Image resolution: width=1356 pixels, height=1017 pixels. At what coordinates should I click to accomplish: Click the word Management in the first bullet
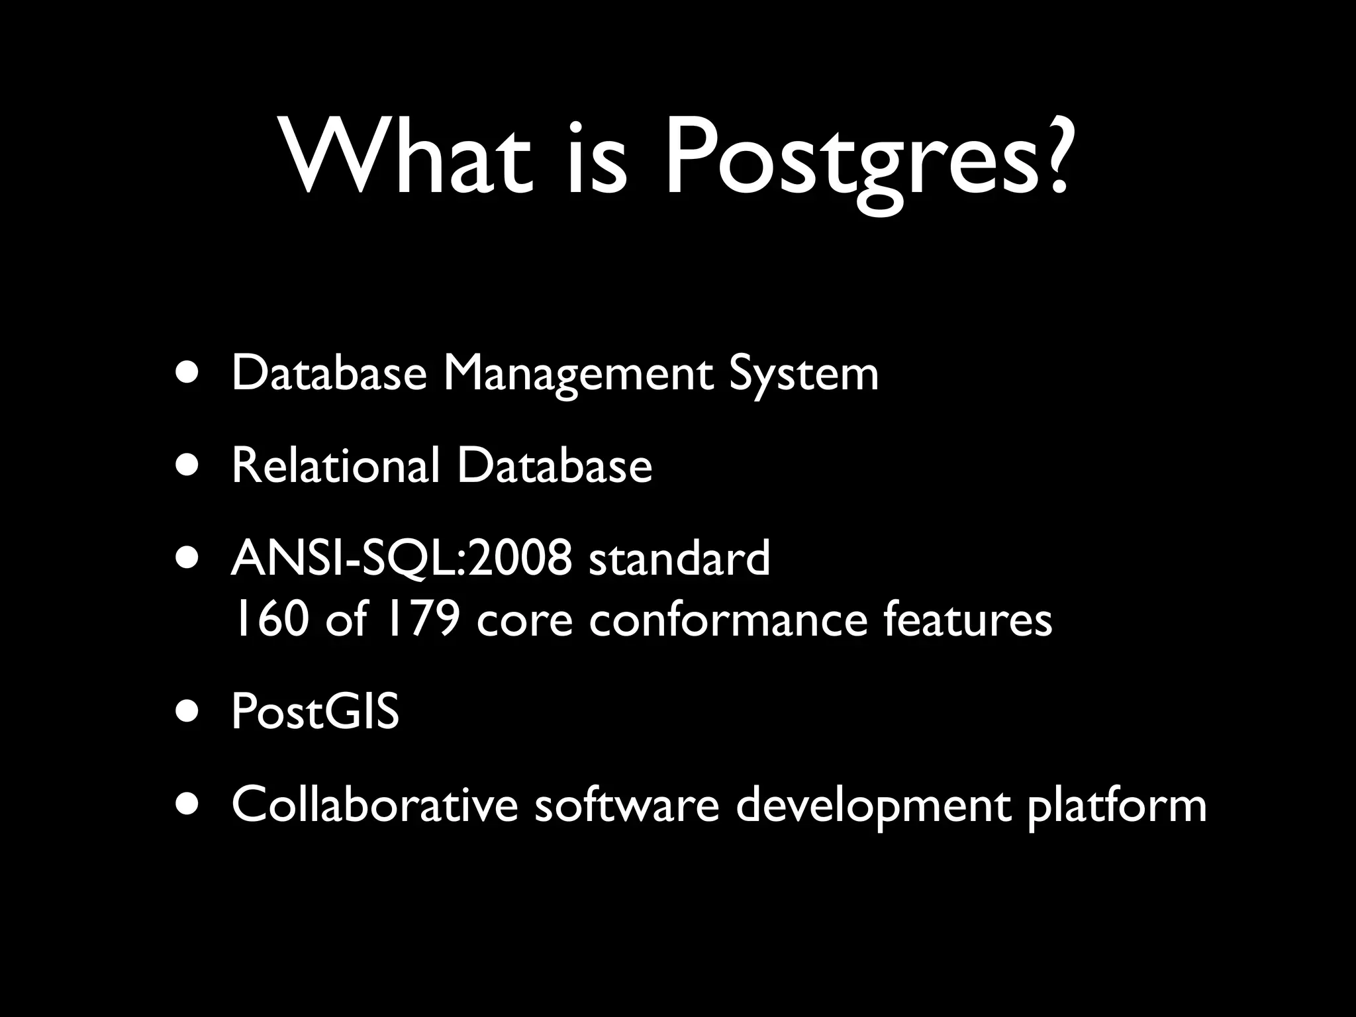point(577,375)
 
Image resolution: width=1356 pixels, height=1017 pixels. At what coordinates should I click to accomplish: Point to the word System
point(803,375)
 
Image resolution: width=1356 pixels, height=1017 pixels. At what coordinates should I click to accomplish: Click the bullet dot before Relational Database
point(189,464)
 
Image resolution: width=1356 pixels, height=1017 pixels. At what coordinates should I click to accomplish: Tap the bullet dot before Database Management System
point(189,373)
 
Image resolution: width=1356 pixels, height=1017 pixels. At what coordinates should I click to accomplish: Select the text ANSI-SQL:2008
point(401,558)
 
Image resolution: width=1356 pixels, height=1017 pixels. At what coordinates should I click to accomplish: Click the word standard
point(679,558)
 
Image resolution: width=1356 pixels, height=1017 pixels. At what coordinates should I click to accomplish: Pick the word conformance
point(728,620)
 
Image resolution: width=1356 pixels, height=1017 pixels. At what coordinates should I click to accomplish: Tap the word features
point(967,620)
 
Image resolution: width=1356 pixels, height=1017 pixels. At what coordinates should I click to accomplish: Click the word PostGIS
point(315,712)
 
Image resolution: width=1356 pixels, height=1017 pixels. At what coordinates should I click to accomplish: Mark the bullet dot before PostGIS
point(189,711)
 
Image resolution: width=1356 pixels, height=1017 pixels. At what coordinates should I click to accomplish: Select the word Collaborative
point(374,805)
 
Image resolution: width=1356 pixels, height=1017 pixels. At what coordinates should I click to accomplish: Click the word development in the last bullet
point(873,806)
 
